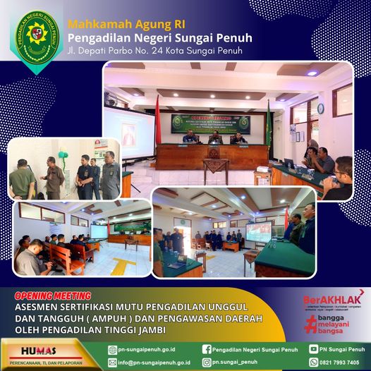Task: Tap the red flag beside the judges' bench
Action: [157, 120]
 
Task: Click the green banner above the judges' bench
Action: [210, 121]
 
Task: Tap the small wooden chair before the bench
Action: [215, 169]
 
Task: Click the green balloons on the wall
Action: [63, 154]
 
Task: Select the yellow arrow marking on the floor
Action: [124, 267]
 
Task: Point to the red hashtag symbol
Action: [311, 324]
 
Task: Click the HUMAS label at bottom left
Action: [43, 350]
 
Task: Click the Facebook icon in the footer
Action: [207, 349]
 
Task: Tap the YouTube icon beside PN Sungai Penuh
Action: [313, 349]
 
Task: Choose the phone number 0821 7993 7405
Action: [343, 363]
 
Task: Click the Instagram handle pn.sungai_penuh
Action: [240, 363]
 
